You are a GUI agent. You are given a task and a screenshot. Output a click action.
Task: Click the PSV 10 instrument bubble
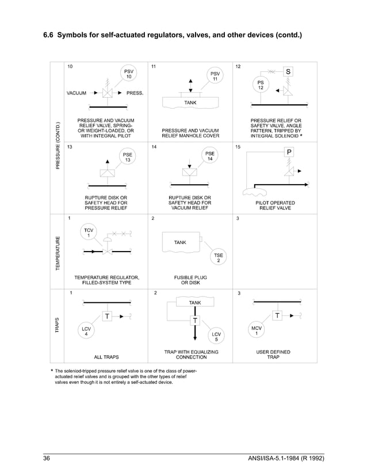(129, 74)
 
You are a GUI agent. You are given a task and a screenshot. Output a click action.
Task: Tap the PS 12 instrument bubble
(261, 85)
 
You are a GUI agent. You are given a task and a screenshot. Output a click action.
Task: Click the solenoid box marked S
(288, 72)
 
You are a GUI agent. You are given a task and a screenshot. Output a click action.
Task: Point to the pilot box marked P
(289, 153)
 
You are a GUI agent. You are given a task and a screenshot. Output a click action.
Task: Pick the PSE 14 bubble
(211, 157)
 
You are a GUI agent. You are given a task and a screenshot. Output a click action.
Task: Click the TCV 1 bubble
(89, 233)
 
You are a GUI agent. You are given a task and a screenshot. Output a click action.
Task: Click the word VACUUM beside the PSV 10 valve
(77, 93)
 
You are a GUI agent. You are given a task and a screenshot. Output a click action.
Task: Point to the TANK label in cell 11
(190, 102)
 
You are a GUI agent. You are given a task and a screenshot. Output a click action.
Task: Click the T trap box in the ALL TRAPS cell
(107, 315)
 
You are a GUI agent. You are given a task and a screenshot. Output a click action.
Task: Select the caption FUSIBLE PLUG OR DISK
(190, 280)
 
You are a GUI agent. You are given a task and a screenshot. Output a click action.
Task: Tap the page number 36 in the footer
(48, 458)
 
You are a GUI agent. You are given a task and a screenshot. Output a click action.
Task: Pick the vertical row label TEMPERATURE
(58, 252)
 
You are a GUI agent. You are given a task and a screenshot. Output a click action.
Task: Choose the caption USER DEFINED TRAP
(274, 354)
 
